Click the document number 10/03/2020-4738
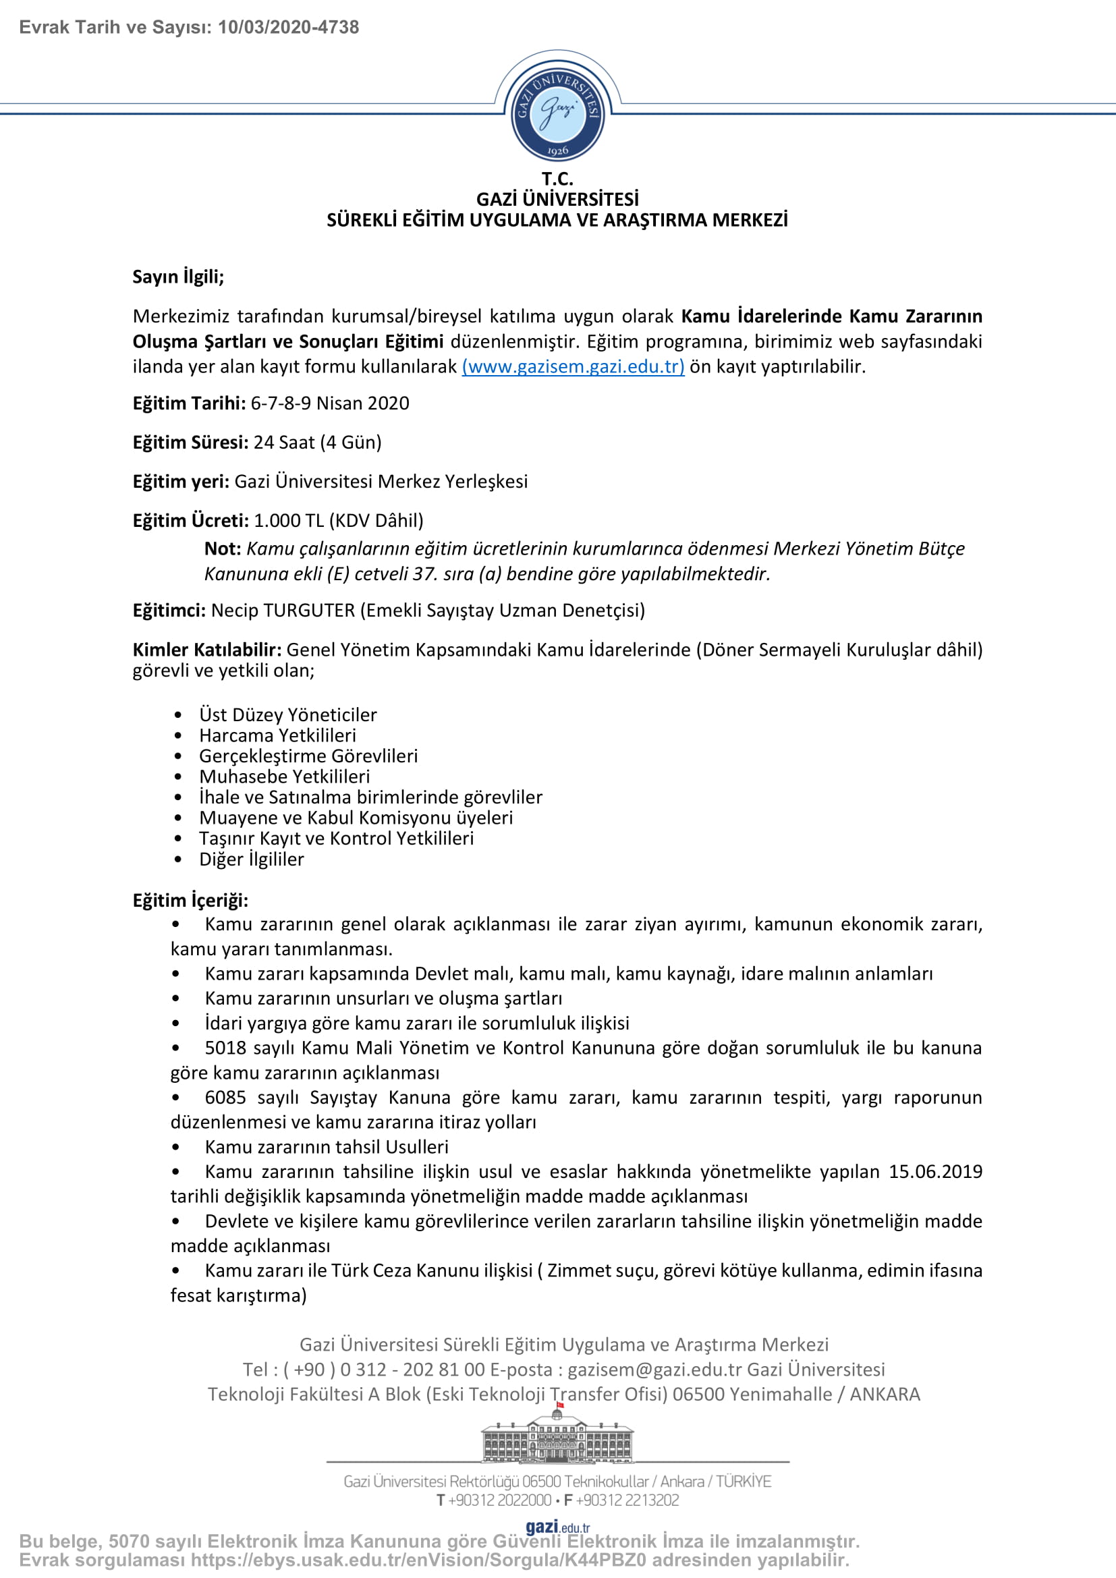click(x=288, y=28)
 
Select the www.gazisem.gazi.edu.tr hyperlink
click(x=572, y=366)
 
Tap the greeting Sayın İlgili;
click(x=178, y=277)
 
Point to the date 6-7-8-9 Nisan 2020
click(x=330, y=403)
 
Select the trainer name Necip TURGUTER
click(x=283, y=611)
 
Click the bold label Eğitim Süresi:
click(x=190, y=443)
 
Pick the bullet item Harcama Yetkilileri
click(x=277, y=735)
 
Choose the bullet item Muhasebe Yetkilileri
click(x=285, y=777)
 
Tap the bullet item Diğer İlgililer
click(x=252, y=859)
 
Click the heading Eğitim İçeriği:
click(x=190, y=901)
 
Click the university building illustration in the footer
click(x=557, y=1436)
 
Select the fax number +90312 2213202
click(x=627, y=1500)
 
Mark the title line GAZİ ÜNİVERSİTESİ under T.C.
click(x=557, y=199)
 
